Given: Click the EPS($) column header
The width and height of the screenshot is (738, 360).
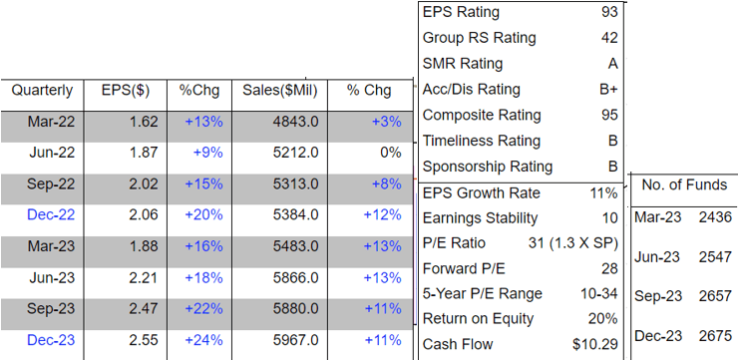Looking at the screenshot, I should (x=126, y=91).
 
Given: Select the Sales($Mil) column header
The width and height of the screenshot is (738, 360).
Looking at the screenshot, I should (x=280, y=91).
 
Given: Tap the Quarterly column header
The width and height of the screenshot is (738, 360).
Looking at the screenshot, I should (x=42, y=91).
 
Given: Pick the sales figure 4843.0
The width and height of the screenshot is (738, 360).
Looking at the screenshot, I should (x=297, y=122).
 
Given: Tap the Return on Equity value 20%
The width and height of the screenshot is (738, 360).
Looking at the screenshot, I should (x=602, y=319).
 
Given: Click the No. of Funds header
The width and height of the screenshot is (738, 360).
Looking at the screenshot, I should (x=684, y=184).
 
